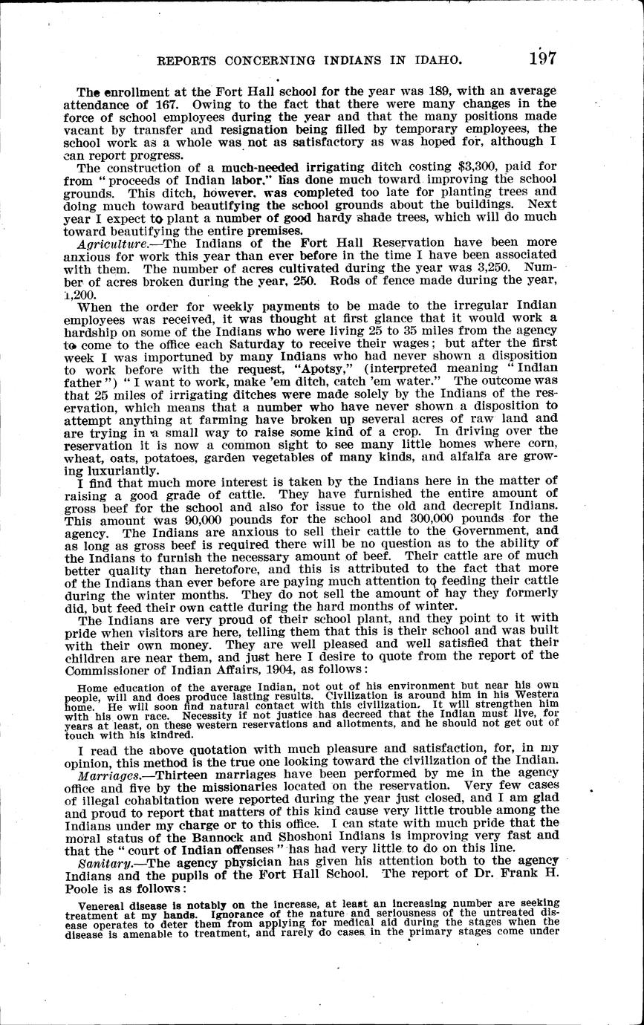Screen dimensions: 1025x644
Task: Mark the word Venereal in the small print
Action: click(x=103, y=911)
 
